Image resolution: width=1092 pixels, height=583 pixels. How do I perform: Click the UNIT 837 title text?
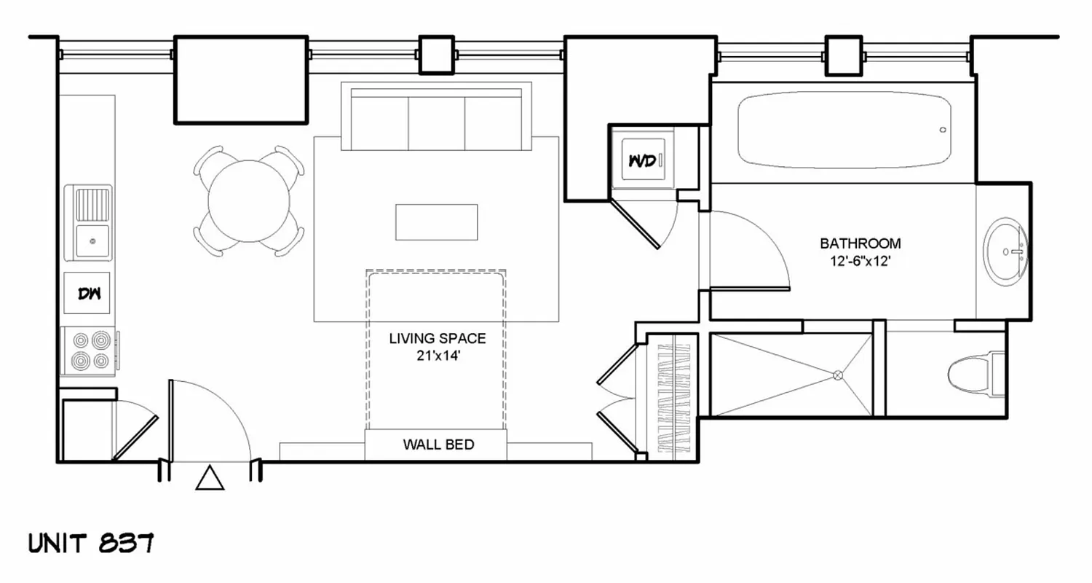(90, 543)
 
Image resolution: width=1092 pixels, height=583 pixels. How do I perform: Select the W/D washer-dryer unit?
(643, 160)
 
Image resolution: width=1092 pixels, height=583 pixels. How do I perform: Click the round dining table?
(248, 200)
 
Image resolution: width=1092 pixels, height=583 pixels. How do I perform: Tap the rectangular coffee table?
(436, 222)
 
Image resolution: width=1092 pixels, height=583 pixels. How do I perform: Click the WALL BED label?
(438, 445)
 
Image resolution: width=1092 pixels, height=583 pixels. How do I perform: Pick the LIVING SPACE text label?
(437, 338)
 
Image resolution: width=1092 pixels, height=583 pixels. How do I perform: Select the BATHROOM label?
(860, 243)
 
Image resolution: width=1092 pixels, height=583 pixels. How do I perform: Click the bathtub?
(844, 132)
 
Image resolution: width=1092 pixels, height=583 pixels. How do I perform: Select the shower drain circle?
(838, 375)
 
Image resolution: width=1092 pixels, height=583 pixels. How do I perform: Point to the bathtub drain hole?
(943, 130)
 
